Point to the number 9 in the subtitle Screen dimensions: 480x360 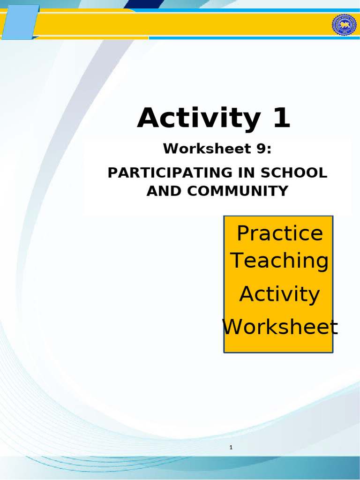[x=263, y=149]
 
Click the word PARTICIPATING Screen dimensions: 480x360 [x=163, y=172]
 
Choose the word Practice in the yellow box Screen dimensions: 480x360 [x=280, y=233]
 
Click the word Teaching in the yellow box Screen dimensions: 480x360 [x=280, y=261]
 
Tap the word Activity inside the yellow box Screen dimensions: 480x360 [x=280, y=294]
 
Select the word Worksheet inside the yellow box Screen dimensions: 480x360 [x=280, y=327]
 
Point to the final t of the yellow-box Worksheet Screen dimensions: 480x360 [x=334, y=327]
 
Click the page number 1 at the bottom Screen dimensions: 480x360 [x=231, y=448]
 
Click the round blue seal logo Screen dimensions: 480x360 [x=345, y=24]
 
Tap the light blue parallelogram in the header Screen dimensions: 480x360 [x=20, y=22]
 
